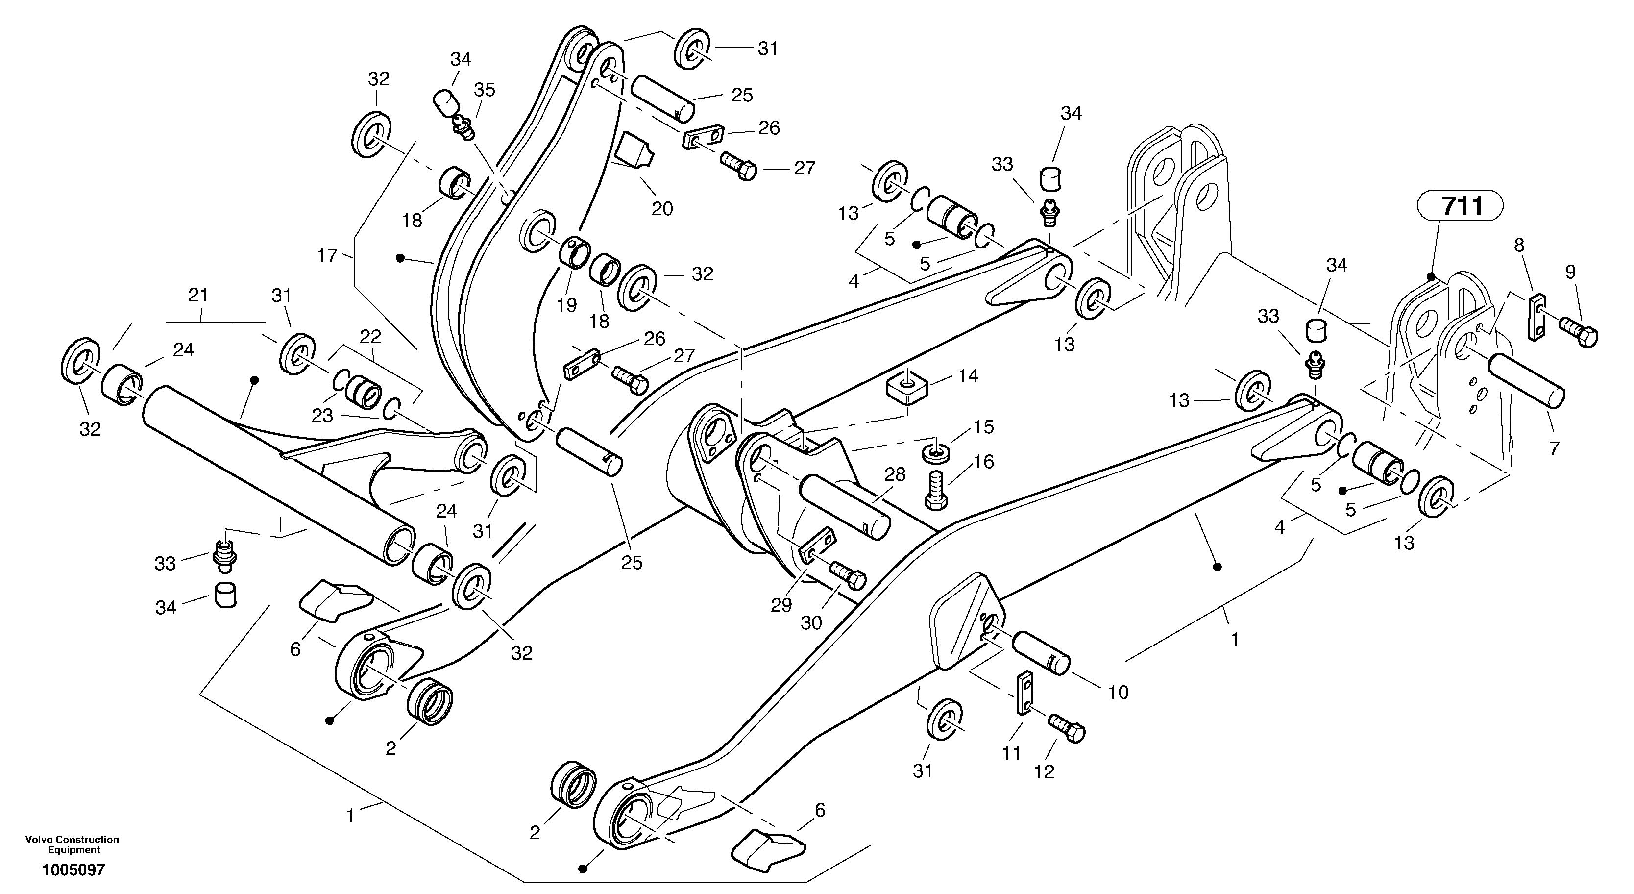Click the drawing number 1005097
click(73, 870)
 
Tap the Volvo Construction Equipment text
click(73, 844)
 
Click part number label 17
click(327, 256)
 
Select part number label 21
click(198, 295)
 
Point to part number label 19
click(566, 305)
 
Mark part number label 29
click(781, 605)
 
